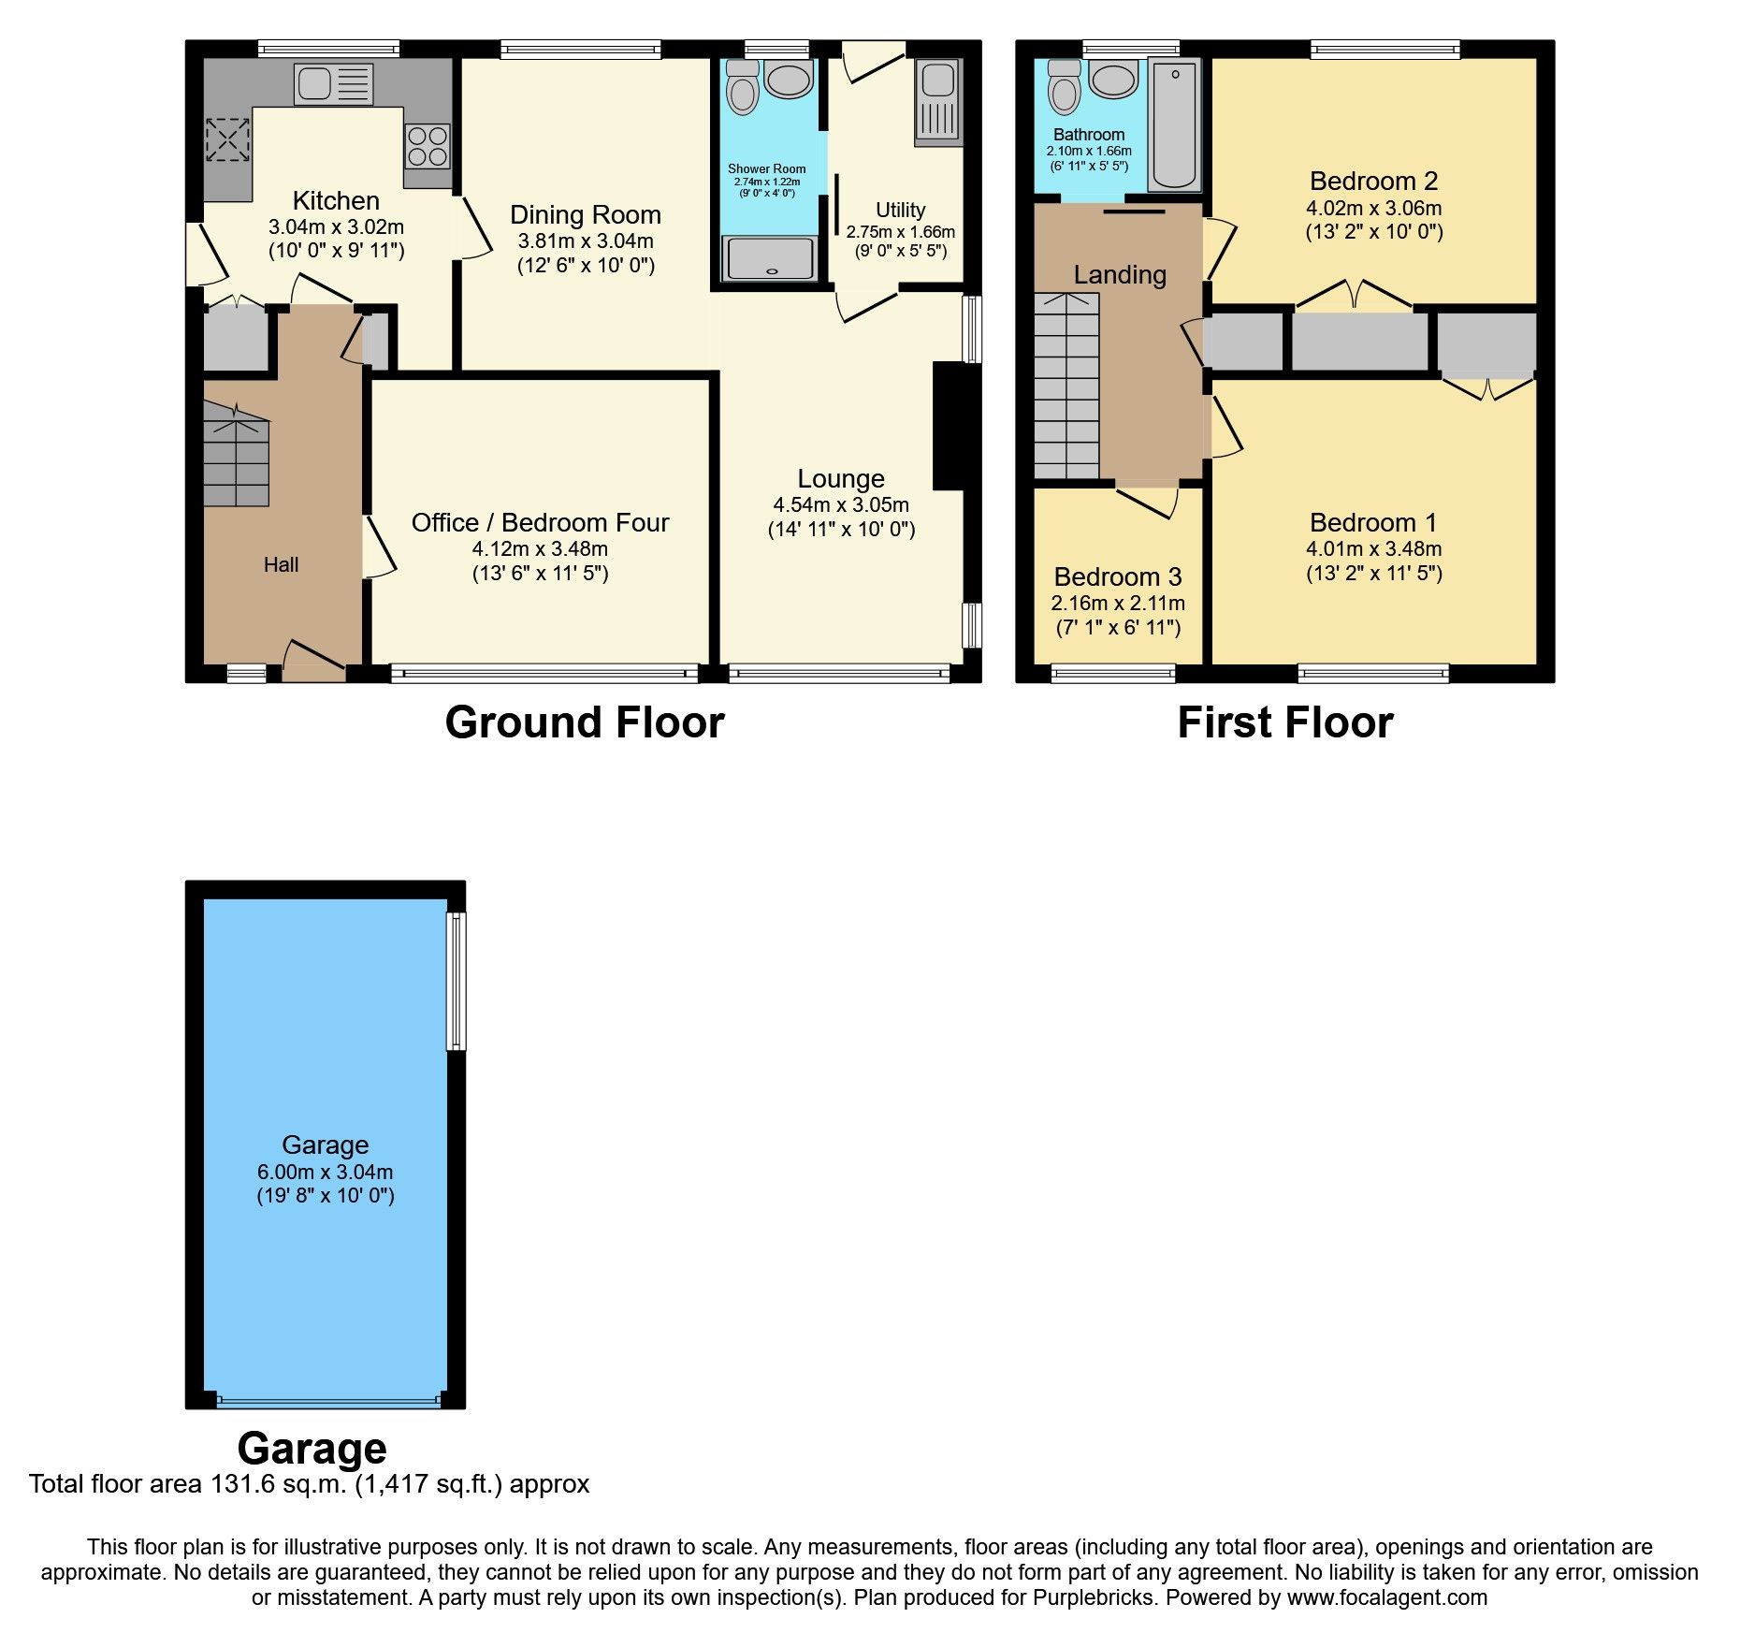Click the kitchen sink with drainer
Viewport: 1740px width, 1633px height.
tap(333, 83)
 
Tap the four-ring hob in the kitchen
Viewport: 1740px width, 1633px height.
tap(428, 147)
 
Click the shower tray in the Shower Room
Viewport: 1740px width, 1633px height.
tap(770, 258)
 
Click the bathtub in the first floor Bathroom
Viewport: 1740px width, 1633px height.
tap(1175, 124)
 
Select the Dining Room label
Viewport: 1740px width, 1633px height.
tap(586, 215)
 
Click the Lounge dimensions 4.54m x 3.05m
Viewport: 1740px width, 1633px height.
tap(841, 504)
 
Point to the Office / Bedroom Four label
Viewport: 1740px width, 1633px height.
tap(540, 522)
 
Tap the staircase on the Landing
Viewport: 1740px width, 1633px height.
tap(1066, 386)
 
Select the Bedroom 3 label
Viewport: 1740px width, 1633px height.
tap(1118, 576)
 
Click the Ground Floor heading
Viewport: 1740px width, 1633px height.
tap(585, 722)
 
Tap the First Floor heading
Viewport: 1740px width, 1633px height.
tap(1285, 722)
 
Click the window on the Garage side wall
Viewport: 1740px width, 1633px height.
tap(457, 981)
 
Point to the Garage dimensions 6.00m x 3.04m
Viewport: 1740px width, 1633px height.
tap(325, 1172)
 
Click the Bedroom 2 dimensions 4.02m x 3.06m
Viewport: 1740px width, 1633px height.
tap(1373, 208)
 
